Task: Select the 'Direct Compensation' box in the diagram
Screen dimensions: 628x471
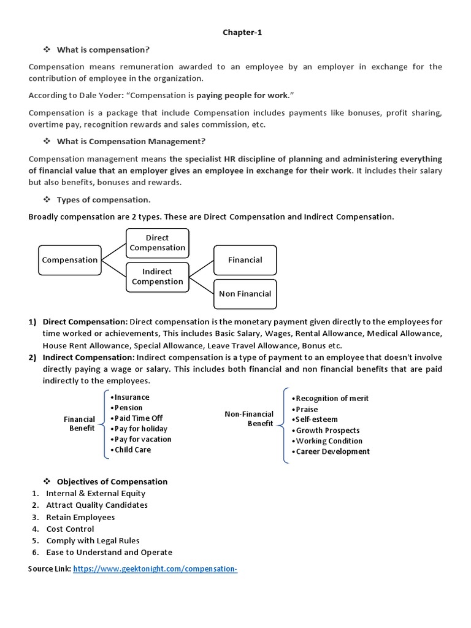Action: tap(157, 243)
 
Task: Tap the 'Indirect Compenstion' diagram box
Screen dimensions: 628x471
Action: tap(157, 277)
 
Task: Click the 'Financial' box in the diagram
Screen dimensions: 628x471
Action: tap(245, 260)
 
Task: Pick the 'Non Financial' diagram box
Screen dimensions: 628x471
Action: tap(245, 294)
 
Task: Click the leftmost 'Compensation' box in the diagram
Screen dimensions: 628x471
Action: tap(69, 260)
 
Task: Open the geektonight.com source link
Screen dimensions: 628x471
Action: tap(155, 569)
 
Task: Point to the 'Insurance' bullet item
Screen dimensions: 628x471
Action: tap(130, 397)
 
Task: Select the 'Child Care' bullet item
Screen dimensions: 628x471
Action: tap(131, 450)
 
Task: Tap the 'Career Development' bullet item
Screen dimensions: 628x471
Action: tap(332, 451)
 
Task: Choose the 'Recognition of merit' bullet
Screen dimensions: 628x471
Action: tap(331, 399)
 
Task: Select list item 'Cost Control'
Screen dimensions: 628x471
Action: tap(70, 529)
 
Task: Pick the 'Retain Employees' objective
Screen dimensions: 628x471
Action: tap(80, 517)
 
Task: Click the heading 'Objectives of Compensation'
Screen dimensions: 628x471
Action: tap(112, 481)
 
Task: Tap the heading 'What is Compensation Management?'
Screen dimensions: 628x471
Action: tap(131, 142)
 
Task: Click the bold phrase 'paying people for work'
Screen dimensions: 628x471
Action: tap(242, 96)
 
